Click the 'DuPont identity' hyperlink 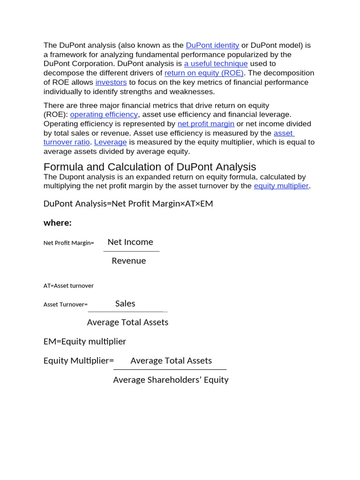coord(212,45)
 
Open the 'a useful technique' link coord(216,64)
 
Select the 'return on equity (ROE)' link coord(204,73)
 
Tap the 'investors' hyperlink coord(111,82)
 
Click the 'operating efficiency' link coord(104,114)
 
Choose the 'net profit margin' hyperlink coord(206,124)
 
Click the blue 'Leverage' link coord(111,142)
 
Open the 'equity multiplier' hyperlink coord(281,186)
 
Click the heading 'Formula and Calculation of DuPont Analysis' coord(150,167)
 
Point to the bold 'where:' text coord(58,223)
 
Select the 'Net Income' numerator coord(130,242)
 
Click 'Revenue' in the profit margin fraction coord(128,261)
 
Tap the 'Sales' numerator coord(125,304)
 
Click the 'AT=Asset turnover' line coord(68,285)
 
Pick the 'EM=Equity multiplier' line coord(85,342)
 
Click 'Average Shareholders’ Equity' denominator coord(171,380)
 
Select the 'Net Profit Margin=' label coord(68,243)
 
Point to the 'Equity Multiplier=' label coord(79,361)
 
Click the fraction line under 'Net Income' coord(132,252)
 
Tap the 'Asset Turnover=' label coord(66,305)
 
